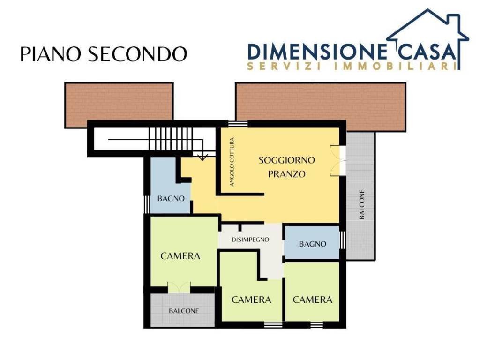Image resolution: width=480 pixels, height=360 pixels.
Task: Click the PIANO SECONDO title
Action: click(104, 54)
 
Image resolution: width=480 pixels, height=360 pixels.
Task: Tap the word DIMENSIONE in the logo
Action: click(317, 52)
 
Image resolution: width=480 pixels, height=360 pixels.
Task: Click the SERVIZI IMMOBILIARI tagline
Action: click(352, 67)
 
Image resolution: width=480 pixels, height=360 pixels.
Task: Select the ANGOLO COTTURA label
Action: click(232, 162)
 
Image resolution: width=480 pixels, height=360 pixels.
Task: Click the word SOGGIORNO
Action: click(287, 160)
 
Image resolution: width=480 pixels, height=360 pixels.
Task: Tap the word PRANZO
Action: click(287, 174)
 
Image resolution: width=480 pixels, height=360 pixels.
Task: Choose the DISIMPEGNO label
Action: click(250, 240)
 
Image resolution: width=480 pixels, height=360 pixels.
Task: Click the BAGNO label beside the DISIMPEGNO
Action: click(313, 244)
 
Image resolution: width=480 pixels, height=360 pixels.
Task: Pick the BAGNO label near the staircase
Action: click(171, 199)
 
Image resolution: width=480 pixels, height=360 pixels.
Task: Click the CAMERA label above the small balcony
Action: click(180, 256)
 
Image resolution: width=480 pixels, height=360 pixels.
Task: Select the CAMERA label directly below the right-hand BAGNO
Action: click(313, 300)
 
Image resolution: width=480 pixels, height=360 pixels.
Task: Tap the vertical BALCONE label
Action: click(362, 204)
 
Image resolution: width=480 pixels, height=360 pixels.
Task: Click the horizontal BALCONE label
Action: click(184, 311)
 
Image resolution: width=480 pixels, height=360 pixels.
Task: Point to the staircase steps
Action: click(171, 139)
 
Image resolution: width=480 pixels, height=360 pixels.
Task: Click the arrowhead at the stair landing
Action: click(202, 157)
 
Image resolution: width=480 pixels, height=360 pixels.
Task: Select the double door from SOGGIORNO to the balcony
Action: click(338, 160)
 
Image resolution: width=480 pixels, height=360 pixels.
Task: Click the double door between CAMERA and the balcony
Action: click(179, 288)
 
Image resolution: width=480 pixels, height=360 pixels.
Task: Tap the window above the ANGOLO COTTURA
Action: click(238, 124)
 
